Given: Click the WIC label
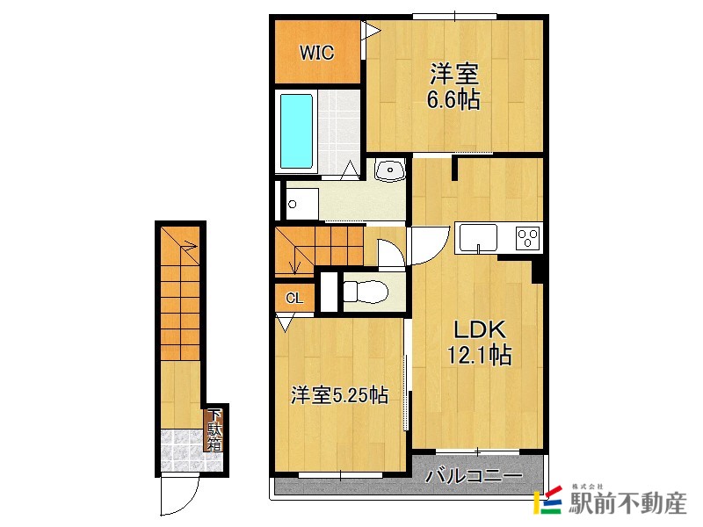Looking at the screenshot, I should click(x=316, y=53).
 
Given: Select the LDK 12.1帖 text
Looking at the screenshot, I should click(x=478, y=343).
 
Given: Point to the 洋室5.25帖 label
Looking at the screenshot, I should click(x=339, y=396).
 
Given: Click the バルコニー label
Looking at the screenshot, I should click(x=474, y=477).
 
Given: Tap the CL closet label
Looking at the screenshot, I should click(x=294, y=299).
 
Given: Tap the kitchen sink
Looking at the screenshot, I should click(x=475, y=237).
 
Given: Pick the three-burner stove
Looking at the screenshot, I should click(x=528, y=237).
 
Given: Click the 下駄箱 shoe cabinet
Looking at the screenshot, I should click(x=214, y=430).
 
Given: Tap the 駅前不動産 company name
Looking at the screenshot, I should click(x=627, y=504).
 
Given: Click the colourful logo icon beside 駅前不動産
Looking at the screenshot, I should click(x=549, y=502).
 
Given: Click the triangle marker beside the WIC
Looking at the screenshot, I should click(x=372, y=32).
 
